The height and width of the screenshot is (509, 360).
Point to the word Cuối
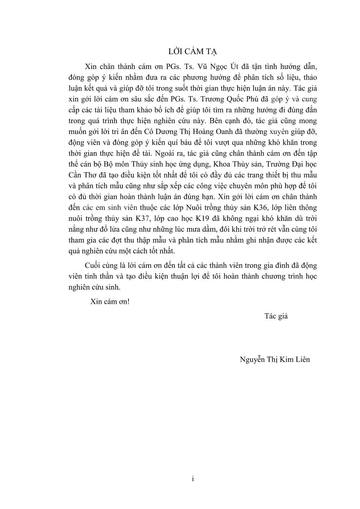[x=92, y=266]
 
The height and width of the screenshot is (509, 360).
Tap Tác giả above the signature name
[x=276, y=316]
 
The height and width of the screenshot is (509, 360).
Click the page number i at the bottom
[x=193, y=479]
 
